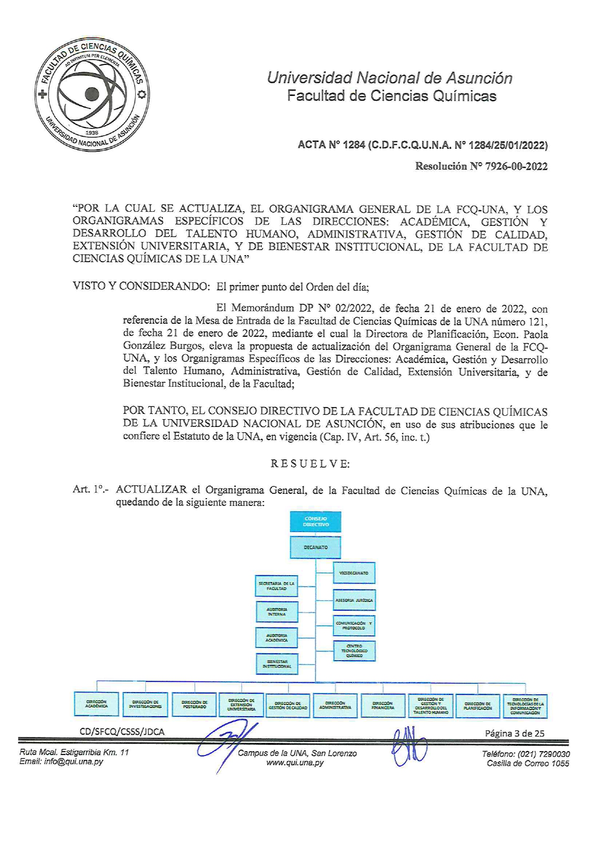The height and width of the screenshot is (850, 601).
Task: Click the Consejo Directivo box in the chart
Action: pyautogui.click(x=316, y=522)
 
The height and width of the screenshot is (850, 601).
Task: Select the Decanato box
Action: pyautogui.click(x=316, y=547)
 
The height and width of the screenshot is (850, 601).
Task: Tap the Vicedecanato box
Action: pyautogui.click(x=354, y=573)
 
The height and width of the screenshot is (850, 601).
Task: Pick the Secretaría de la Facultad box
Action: pyautogui.click(x=276, y=586)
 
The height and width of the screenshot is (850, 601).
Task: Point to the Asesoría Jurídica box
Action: pyautogui.click(x=354, y=600)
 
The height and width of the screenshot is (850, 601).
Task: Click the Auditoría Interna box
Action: pyautogui.click(x=276, y=612)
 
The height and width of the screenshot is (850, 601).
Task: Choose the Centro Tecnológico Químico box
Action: pyautogui.click(x=354, y=651)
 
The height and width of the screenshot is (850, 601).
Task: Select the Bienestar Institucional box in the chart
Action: pyautogui.click(x=276, y=664)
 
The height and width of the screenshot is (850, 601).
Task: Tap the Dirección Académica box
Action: pyautogui.click(x=96, y=704)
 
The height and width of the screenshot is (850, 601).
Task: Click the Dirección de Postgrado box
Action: pyautogui.click(x=194, y=704)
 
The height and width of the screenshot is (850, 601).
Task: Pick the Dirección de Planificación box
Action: pyautogui.click(x=478, y=705)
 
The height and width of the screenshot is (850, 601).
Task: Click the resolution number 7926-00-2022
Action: pyautogui.click(x=516, y=167)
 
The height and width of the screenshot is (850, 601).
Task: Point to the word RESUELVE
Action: pyautogui.click(x=310, y=464)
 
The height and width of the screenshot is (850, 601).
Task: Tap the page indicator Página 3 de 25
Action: pyautogui.click(x=514, y=733)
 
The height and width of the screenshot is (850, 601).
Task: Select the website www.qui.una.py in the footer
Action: pyautogui.click(x=295, y=763)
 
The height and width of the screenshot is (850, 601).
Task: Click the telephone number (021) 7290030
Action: pyautogui.click(x=543, y=754)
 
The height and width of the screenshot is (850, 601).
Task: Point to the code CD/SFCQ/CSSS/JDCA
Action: pyautogui.click(x=122, y=732)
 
